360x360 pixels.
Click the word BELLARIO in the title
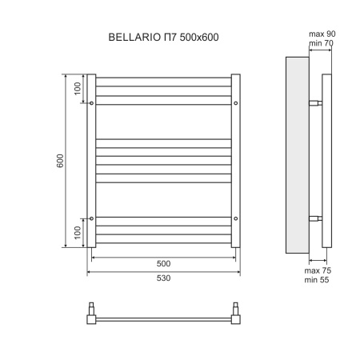tap(132, 38)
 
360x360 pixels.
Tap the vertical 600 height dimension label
tap(60, 160)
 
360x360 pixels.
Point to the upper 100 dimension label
tap(78, 89)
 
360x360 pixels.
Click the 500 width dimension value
tap(163, 262)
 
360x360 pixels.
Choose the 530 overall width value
tap(163, 277)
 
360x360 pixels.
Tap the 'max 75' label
tap(318, 271)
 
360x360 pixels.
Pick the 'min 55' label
tap(318, 282)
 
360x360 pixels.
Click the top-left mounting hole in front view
tap(93, 103)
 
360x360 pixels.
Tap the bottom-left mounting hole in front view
tap(93, 218)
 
